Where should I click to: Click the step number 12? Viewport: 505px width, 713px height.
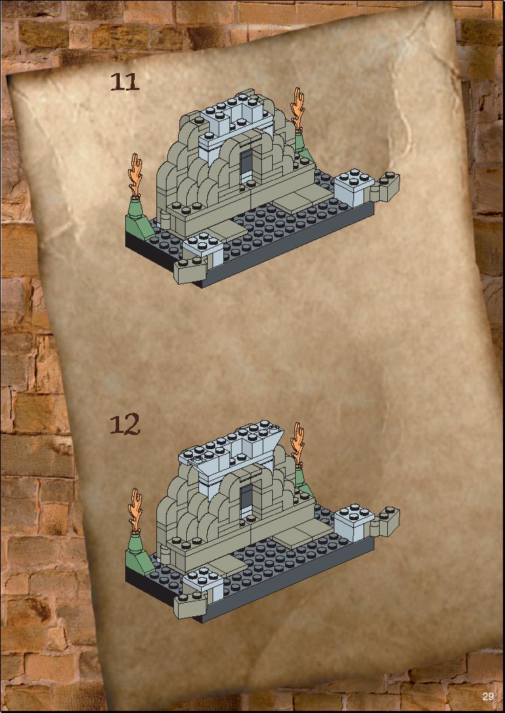pos(124,424)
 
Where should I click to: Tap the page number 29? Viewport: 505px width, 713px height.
pos(488,696)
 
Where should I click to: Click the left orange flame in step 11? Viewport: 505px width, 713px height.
pos(135,175)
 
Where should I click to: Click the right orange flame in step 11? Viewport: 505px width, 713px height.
pos(298,109)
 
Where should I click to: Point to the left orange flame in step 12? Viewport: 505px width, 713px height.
pos(135,510)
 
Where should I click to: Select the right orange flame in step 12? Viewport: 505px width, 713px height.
pos(298,444)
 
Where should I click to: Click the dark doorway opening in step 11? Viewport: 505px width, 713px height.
pos(246,164)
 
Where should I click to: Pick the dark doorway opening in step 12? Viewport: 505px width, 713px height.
pos(246,499)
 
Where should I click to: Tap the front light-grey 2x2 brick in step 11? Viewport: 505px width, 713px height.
pos(203,248)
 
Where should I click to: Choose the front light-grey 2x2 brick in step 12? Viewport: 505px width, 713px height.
pos(203,583)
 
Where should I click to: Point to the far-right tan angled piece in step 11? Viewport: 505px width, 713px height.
pos(385,187)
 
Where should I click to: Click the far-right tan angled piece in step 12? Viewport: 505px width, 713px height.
pos(385,522)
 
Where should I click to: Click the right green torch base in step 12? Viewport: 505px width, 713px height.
pos(303,481)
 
